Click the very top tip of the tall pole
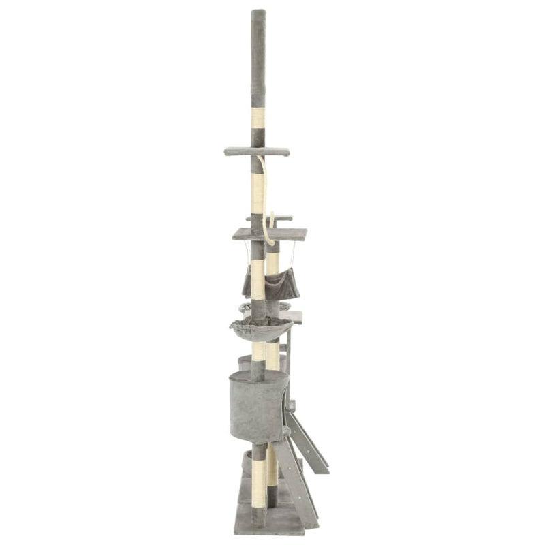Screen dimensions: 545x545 [258, 11]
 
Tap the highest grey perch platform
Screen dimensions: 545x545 [257, 151]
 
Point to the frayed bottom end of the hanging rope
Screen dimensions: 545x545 [270, 241]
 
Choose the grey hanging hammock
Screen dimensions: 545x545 [270, 285]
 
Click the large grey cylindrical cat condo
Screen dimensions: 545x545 [258, 407]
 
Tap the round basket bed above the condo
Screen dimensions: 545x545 [260, 330]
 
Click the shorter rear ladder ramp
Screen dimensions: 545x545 [309, 443]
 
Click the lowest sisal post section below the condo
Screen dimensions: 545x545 [258, 480]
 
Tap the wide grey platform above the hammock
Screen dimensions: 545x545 [270, 234]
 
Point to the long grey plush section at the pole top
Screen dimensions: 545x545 [258, 58]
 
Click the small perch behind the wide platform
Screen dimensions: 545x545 [281, 218]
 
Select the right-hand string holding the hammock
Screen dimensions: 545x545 [294, 258]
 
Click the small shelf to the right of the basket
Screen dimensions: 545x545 [295, 317]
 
